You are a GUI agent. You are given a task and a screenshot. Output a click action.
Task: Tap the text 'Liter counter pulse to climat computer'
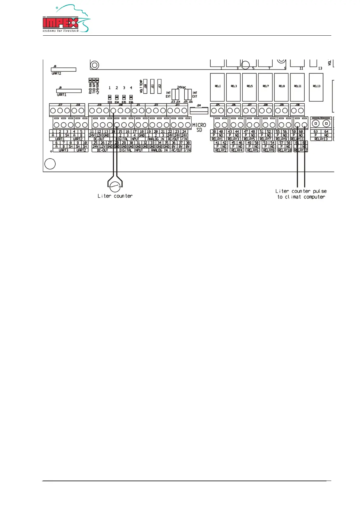click(301, 194)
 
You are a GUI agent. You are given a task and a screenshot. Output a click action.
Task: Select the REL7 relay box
click(265, 87)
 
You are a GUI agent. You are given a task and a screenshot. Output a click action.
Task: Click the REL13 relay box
click(316, 87)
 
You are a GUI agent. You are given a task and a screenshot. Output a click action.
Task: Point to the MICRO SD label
click(199, 127)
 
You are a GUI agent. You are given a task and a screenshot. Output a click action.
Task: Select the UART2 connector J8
click(63, 70)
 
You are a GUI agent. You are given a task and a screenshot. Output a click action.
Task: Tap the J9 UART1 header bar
click(69, 91)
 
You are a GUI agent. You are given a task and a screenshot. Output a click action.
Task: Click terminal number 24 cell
click(184, 132)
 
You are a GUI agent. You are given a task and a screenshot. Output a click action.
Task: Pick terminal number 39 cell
click(214, 132)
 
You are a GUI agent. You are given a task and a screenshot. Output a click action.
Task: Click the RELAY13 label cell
click(321, 139)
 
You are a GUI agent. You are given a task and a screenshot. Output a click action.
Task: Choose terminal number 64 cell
click(326, 132)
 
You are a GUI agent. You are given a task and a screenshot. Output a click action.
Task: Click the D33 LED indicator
click(110, 98)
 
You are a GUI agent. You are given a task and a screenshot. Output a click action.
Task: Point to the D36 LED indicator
click(131, 98)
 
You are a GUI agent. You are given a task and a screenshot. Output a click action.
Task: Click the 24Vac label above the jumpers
click(181, 87)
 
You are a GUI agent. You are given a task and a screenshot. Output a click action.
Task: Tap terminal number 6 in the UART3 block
click(57, 143)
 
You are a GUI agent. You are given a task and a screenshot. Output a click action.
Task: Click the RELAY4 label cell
click(237, 150)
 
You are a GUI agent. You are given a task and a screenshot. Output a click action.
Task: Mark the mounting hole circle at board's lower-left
click(50, 164)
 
